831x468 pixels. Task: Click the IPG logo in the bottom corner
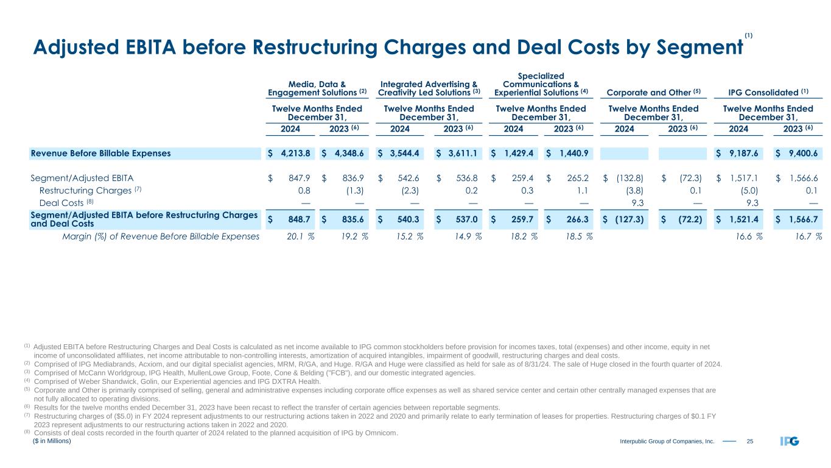pyautogui.click(x=790, y=441)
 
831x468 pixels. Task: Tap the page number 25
pyautogui.click(x=750, y=441)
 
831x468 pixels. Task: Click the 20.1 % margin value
pyautogui.click(x=300, y=236)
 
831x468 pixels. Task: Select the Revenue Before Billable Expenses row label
pyautogui.click(x=101, y=153)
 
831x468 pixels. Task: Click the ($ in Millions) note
pyautogui.click(x=52, y=441)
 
